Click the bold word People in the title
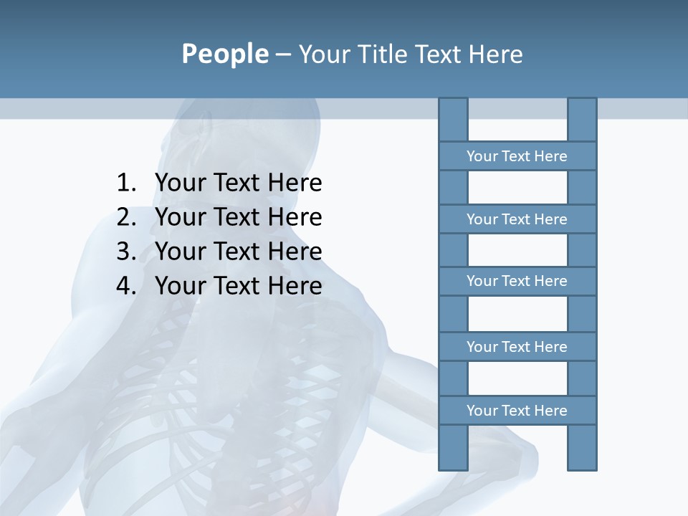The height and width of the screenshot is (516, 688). pos(224,54)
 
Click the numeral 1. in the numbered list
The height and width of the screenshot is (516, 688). pos(126,183)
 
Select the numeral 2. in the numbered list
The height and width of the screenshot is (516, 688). pos(126,217)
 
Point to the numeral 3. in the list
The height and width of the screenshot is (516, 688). pos(126,252)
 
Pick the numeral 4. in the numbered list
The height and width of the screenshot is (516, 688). pos(126,286)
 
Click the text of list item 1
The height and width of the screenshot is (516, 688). pos(238,183)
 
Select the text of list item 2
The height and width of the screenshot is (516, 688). pos(238,217)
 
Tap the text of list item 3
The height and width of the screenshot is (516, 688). pos(238,252)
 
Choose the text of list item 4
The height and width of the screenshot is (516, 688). pos(238,286)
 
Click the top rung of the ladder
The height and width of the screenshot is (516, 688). pos(517,156)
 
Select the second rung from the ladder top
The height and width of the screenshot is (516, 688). pos(517,219)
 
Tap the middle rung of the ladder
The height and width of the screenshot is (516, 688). pos(517,281)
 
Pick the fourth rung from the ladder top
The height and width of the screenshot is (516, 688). pos(517,347)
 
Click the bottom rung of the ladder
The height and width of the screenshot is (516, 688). pos(517,411)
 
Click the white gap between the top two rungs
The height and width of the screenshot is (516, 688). pos(517,188)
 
